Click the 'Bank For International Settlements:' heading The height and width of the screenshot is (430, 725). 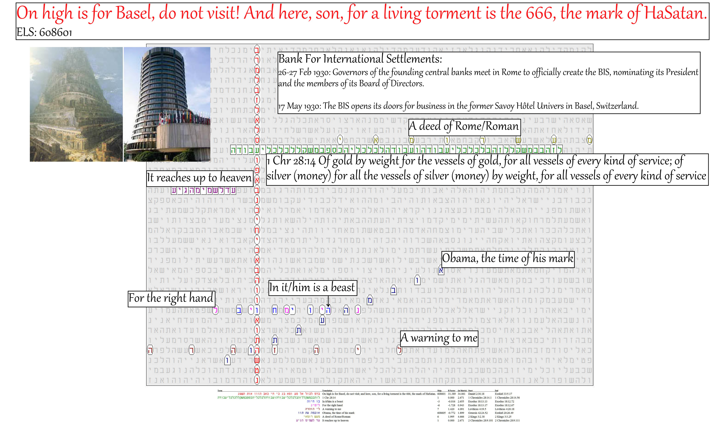click(360, 59)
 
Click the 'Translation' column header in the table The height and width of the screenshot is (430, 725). click(327, 391)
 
